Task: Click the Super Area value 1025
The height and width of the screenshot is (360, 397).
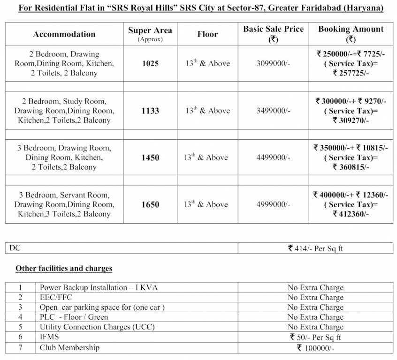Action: coord(150,64)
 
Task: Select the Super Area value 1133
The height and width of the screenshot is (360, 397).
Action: coord(150,111)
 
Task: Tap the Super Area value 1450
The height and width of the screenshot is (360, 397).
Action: coord(150,157)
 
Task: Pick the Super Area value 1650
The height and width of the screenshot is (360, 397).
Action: coord(150,204)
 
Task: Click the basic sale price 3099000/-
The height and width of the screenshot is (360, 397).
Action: coord(273,64)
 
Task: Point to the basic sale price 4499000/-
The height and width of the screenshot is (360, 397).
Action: coord(273,157)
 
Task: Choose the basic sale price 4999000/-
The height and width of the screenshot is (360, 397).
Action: coord(273,204)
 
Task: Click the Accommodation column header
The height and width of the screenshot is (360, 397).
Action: coord(64,34)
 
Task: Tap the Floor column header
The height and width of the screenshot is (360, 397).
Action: coord(207,34)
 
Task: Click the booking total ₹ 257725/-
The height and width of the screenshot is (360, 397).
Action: coord(351,73)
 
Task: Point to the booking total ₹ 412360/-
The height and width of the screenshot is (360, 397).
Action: coord(351,214)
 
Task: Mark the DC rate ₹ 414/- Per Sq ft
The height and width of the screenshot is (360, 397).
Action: coord(315,248)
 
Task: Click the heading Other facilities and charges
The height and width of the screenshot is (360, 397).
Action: coord(64,269)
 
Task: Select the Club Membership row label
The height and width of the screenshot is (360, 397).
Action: coord(69,347)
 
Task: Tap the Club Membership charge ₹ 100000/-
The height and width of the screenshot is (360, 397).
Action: coord(315,348)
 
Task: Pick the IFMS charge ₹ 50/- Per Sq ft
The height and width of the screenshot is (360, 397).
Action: coord(315,337)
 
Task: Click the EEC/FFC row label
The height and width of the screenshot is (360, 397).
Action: coord(56,297)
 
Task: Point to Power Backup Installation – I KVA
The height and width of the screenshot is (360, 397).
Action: coord(92,287)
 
